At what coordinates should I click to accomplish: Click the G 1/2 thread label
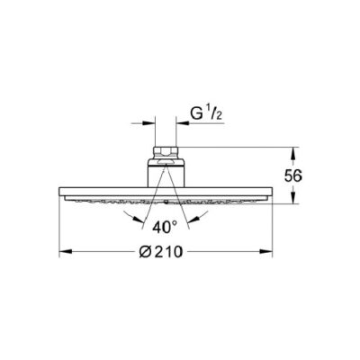[206, 114]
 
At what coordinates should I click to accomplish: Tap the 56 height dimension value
[293, 175]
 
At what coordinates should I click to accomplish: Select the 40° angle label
[165, 228]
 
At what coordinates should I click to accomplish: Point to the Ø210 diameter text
[161, 251]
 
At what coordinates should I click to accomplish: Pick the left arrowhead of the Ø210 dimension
[66, 251]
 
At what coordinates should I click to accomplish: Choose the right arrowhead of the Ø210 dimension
[266, 251]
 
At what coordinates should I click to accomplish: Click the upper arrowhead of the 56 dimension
[293, 153]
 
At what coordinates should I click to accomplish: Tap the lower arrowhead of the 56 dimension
[293, 197]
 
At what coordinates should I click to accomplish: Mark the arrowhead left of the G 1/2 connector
[148, 123]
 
